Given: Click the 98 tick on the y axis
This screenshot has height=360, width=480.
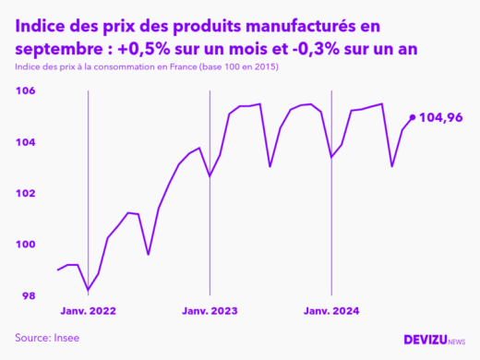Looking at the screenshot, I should (x=28, y=295).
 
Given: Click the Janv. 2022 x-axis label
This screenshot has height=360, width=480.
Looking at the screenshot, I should (x=89, y=312).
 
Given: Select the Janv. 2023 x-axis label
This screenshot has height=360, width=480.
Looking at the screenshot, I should (x=210, y=312).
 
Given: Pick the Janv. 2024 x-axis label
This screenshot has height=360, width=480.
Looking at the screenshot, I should (x=332, y=312).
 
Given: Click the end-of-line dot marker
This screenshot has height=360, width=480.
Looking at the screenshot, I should (x=412, y=117).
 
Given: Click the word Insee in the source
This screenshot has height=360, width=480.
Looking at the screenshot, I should (x=65, y=338).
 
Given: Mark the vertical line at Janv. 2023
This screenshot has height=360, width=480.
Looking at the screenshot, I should (x=210, y=194).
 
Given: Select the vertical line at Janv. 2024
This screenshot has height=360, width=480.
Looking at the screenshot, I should (x=332, y=194).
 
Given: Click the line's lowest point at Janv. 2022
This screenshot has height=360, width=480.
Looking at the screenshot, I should (x=89, y=290).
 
